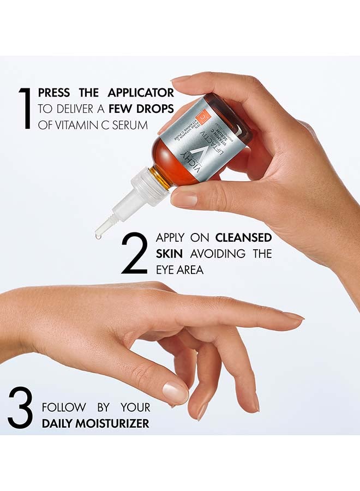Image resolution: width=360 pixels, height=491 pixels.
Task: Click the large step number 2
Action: pyautogui.click(x=134, y=253)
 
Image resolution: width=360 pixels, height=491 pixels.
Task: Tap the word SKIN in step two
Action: pyautogui.click(x=170, y=254)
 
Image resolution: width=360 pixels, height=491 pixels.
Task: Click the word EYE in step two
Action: pyautogui.click(x=166, y=270)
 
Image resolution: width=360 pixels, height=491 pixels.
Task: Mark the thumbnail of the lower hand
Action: pyautogui.click(x=175, y=392)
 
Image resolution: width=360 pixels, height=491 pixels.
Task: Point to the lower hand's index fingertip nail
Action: pyautogui.click(x=295, y=316)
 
